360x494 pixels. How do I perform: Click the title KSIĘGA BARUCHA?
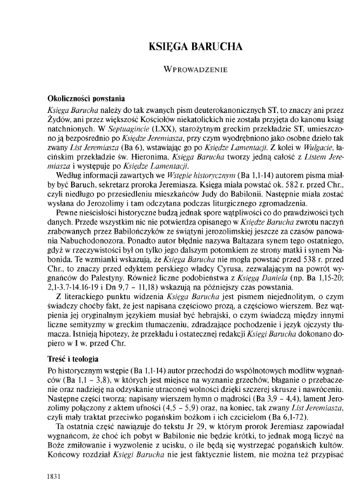click(195, 47)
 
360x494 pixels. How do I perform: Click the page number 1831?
click(56, 477)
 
